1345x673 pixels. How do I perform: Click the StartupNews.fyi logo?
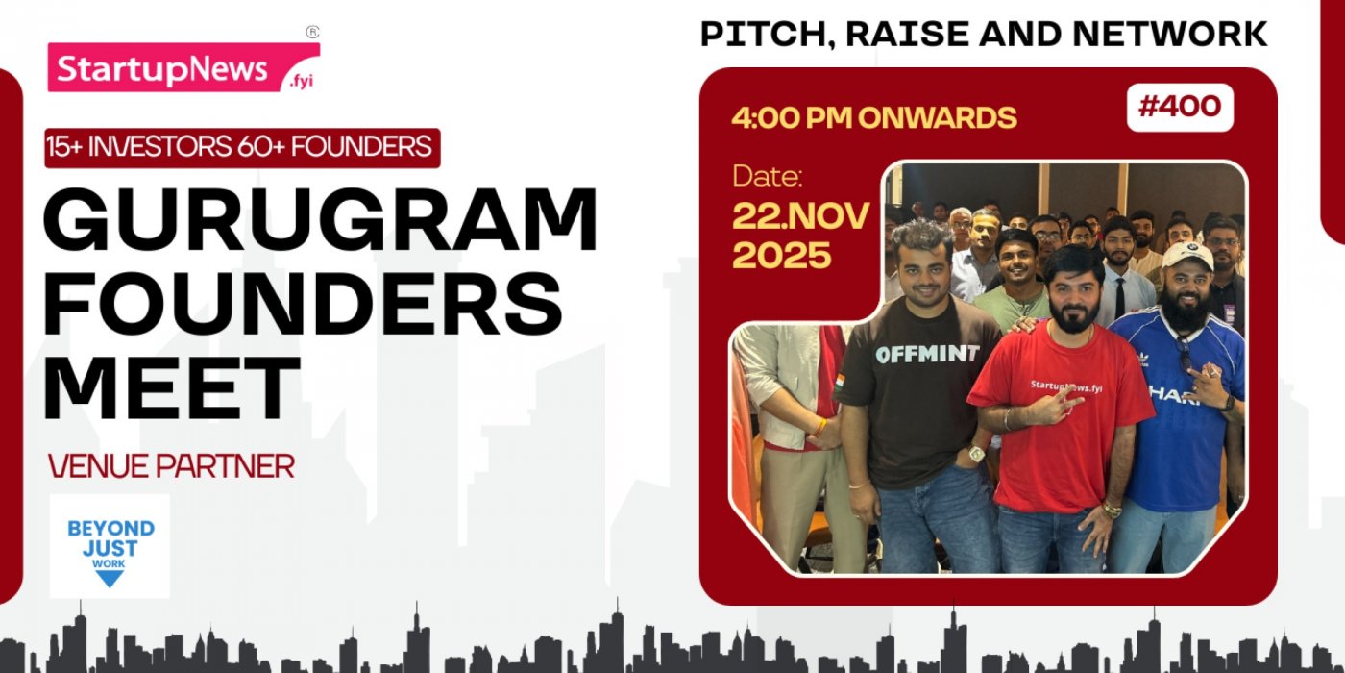pos(183,68)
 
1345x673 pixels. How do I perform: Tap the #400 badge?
pos(1179,107)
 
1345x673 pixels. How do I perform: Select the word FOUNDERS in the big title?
pos(302,303)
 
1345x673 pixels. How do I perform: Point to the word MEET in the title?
pos(171,387)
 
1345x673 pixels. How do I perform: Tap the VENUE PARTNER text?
pos(171,466)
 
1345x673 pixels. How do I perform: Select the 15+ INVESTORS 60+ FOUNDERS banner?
pos(242,147)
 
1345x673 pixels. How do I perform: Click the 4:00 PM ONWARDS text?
pos(873,117)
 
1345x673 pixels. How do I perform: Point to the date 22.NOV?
pos(800,215)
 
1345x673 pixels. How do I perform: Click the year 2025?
pos(781,255)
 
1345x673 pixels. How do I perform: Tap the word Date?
pos(767,176)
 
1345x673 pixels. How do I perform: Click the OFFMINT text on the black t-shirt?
pos(926,354)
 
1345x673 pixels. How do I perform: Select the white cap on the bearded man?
pos(1187,255)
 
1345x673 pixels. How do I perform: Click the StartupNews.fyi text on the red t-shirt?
pos(1066,386)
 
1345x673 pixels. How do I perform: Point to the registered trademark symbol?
pos(312,32)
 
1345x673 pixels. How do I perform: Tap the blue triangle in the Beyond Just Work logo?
pos(110,578)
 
